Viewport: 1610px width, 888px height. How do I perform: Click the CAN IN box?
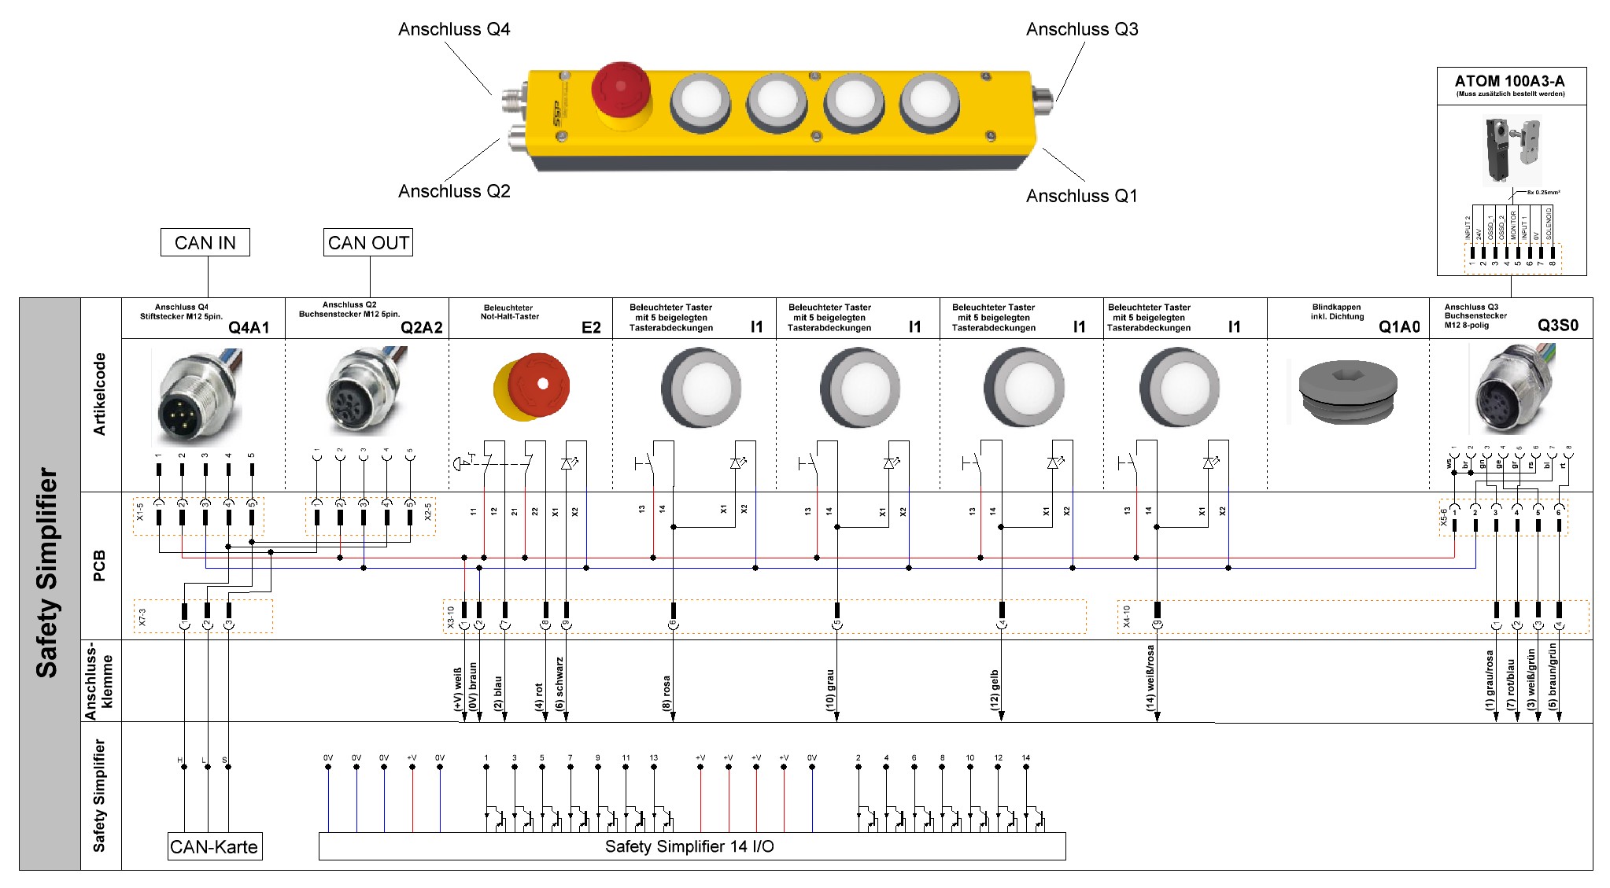click(x=205, y=242)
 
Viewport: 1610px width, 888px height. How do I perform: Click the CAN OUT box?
click(x=368, y=242)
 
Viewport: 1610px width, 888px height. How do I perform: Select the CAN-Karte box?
click(x=214, y=846)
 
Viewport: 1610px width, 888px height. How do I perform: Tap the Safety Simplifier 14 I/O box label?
click(x=690, y=846)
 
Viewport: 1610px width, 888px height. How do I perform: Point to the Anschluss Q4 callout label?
click(x=454, y=30)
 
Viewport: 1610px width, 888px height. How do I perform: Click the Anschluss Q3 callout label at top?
click(x=1082, y=30)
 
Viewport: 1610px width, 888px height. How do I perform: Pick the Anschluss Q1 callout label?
click(x=1081, y=196)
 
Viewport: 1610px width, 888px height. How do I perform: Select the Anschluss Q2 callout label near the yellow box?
click(x=454, y=191)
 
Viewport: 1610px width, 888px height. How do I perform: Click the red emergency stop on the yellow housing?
click(x=621, y=88)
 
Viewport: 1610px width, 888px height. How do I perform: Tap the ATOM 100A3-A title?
click(x=1509, y=81)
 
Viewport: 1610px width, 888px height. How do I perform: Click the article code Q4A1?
click(x=249, y=327)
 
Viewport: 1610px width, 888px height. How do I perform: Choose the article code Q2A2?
click(x=421, y=327)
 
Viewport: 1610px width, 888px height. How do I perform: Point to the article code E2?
click(x=591, y=327)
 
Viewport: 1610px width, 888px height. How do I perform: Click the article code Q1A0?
click(x=1399, y=327)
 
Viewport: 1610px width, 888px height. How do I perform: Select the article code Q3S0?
click(x=1557, y=326)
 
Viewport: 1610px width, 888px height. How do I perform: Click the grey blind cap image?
click(x=1347, y=391)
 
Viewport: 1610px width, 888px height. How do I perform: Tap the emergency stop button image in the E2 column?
click(x=533, y=387)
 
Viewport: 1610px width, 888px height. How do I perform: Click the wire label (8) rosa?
click(x=667, y=693)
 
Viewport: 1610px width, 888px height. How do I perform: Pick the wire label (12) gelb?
click(x=995, y=690)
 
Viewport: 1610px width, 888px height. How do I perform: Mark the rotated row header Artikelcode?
click(x=100, y=393)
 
